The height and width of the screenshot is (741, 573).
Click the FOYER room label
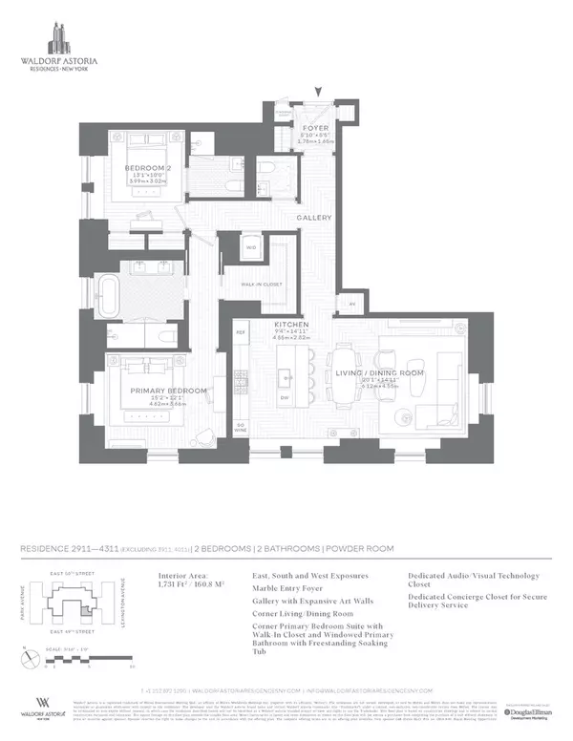coord(315,127)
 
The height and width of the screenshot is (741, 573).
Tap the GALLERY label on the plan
coord(314,218)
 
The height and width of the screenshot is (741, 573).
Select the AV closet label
coord(353,305)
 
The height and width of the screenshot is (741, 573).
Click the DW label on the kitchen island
coord(284,396)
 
